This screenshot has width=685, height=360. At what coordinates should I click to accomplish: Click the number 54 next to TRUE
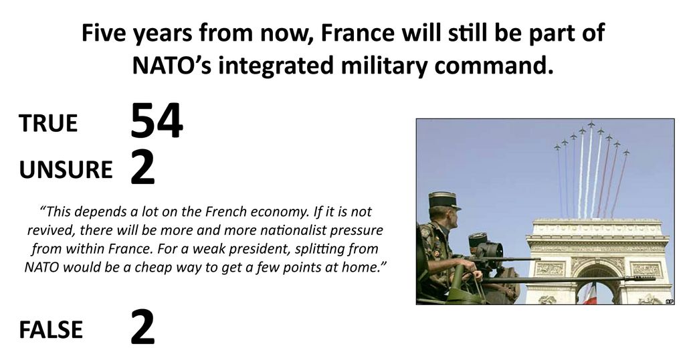[157, 121]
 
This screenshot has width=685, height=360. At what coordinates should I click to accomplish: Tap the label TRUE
[48, 123]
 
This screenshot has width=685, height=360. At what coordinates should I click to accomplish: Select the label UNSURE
[66, 169]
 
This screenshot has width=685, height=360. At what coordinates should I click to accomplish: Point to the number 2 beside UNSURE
[143, 169]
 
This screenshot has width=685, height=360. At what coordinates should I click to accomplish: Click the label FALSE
[51, 329]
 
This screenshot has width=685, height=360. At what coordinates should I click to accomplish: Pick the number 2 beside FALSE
[143, 327]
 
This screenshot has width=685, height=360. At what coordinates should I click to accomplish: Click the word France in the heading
[357, 33]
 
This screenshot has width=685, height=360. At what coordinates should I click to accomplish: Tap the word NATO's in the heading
[172, 65]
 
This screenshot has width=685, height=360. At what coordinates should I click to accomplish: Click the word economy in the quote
[274, 212]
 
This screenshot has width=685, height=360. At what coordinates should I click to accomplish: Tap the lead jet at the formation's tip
[591, 124]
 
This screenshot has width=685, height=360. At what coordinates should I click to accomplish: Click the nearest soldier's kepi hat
[443, 200]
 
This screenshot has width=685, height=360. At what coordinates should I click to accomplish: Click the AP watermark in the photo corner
[669, 300]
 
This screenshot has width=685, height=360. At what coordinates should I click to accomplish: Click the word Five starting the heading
[104, 33]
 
